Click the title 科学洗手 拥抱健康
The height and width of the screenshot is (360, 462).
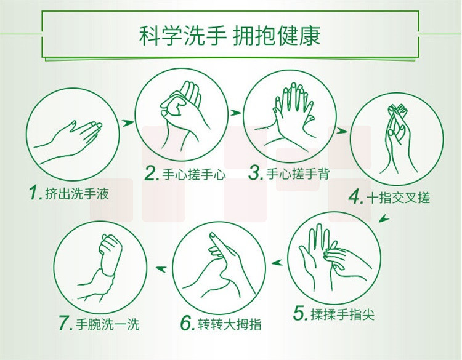pyautogui.click(x=230, y=36)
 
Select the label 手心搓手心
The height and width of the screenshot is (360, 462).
pyautogui.click(x=194, y=175)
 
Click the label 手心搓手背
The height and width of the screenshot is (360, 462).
pyautogui.click(x=298, y=174)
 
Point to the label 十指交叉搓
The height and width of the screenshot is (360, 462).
pyautogui.click(x=399, y=198)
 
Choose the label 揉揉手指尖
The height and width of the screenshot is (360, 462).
pyautogui.click(x=342, y=314)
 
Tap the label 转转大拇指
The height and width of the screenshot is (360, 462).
pyautogui.click(x=230, y=324)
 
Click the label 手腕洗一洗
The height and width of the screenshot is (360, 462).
pyautogui.click(x=107, y=324)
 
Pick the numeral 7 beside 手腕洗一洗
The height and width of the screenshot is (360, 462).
pyautogui.click(x=65, y=323)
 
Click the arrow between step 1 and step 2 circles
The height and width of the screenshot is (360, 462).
pyautogui.click(x=127, y=122)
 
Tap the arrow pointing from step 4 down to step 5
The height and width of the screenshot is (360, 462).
pyautogui.click(x=384, y=218)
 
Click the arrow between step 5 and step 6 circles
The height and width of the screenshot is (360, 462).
pyautogui.click(x=277, y=262)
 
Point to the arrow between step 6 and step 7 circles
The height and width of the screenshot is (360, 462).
pyautogui.click(x=161, y=268)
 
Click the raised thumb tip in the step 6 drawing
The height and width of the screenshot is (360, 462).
pyautogui.click(x=213, y=236)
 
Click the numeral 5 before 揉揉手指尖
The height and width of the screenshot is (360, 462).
pyautogui.click(x=300, y=313)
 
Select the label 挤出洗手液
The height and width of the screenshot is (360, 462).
pyautogui.click(x=77, y=194)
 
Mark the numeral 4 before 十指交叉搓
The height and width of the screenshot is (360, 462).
pyautogui.click(x=355, y=197)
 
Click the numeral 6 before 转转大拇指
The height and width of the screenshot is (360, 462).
pyautogui.click(x=187, y=323)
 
